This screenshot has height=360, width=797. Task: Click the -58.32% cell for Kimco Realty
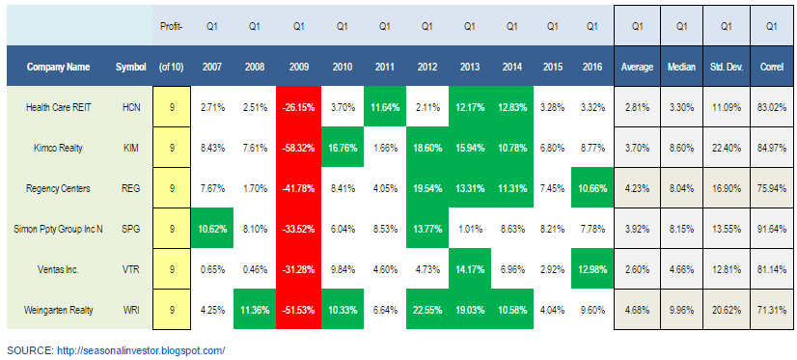coord(298,148)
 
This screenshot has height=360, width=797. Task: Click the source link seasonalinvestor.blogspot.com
coord(141,350)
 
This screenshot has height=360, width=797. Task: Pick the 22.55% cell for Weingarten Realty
coord(427,310)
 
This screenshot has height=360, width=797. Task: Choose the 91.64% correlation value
coord(771,229)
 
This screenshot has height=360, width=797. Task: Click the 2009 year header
coord(298,67)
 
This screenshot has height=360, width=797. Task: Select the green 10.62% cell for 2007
coord(212,229)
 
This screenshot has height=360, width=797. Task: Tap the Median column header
coord(681,67)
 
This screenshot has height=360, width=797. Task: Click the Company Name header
coord(59,67)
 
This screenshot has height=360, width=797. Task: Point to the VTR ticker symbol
coord(131,269)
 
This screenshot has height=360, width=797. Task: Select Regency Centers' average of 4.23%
coord(637,188)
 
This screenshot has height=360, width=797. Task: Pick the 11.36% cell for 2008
coord(254,310)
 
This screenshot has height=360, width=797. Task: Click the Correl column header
coord(771,67)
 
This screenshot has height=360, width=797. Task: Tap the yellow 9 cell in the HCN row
coord(172,107)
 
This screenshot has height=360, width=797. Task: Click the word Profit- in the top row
coord(172,27)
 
